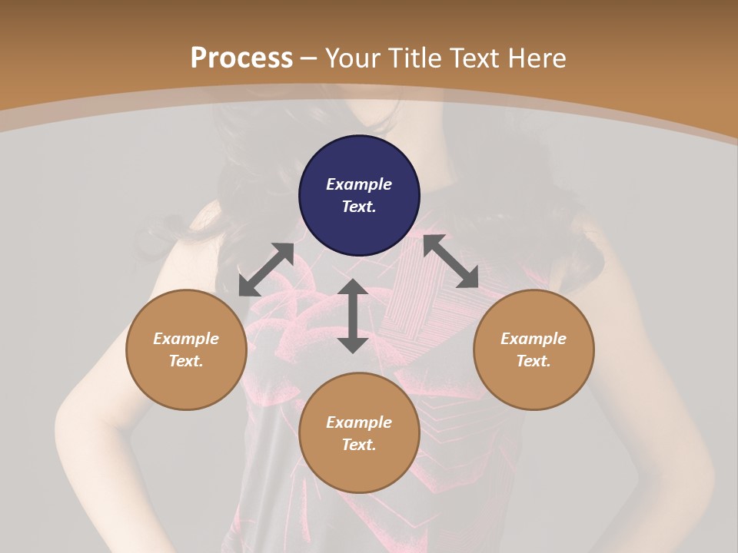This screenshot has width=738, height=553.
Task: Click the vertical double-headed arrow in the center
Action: click(x=353, y=316)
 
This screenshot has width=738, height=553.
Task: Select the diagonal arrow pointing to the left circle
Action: click(x=266, y=270)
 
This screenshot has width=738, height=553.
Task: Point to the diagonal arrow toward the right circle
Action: click(x=450, y=261)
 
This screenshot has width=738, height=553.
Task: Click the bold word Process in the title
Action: click(x=241, y=58)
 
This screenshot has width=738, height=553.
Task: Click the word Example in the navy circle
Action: click(x=359, y=184)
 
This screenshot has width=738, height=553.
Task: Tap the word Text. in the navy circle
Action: click(x=359, y=207)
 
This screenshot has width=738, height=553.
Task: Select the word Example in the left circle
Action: click(x=186, y=339)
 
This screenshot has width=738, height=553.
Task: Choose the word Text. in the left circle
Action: click(x=186, y=361)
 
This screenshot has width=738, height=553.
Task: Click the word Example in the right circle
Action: click(x=534, y=339)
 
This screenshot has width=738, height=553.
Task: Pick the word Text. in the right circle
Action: click(x=534, y=361)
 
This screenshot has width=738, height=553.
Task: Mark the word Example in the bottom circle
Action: click(x=359, y=422)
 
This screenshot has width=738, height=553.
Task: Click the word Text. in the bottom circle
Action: click(x=359, y=445)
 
